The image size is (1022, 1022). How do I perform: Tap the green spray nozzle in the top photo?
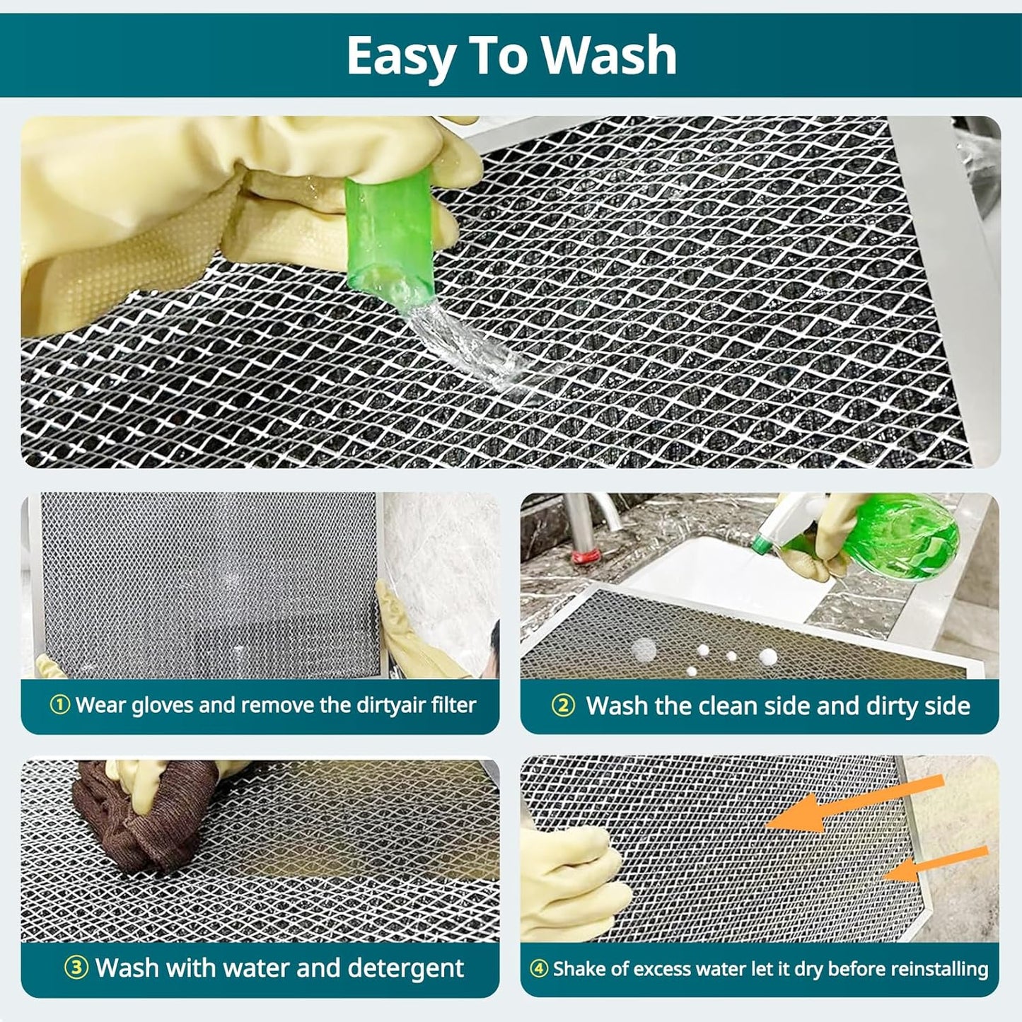click(390, 233)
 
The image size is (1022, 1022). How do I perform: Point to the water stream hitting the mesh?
click(467, 347)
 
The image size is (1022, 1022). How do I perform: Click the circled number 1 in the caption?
click(60, 705)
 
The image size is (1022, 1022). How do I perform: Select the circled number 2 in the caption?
click(563, 706)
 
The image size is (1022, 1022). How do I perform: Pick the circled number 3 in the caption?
click(76, 968)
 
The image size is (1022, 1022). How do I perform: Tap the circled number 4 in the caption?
click(539, 969)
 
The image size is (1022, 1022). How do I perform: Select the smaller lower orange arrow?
click(934, 864)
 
